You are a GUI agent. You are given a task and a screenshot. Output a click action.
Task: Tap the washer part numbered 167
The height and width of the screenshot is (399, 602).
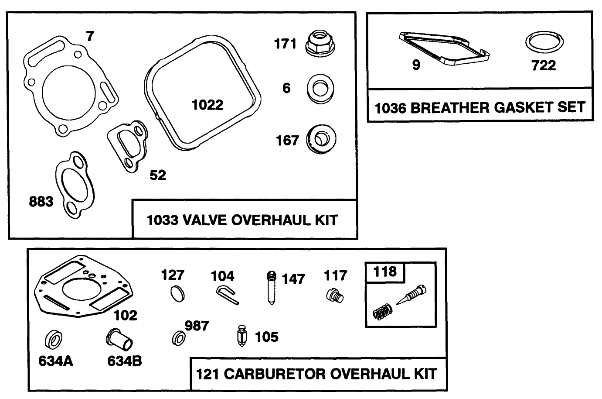(x=322, y=140)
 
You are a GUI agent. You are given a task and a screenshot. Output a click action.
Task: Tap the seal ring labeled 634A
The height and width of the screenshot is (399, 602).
(x=54, y=340)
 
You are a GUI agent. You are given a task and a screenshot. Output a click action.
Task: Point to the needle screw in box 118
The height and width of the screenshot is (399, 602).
(x=412, y=296)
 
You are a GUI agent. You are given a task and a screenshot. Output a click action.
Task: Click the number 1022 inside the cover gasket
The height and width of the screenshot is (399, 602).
(x=207, y=105)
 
